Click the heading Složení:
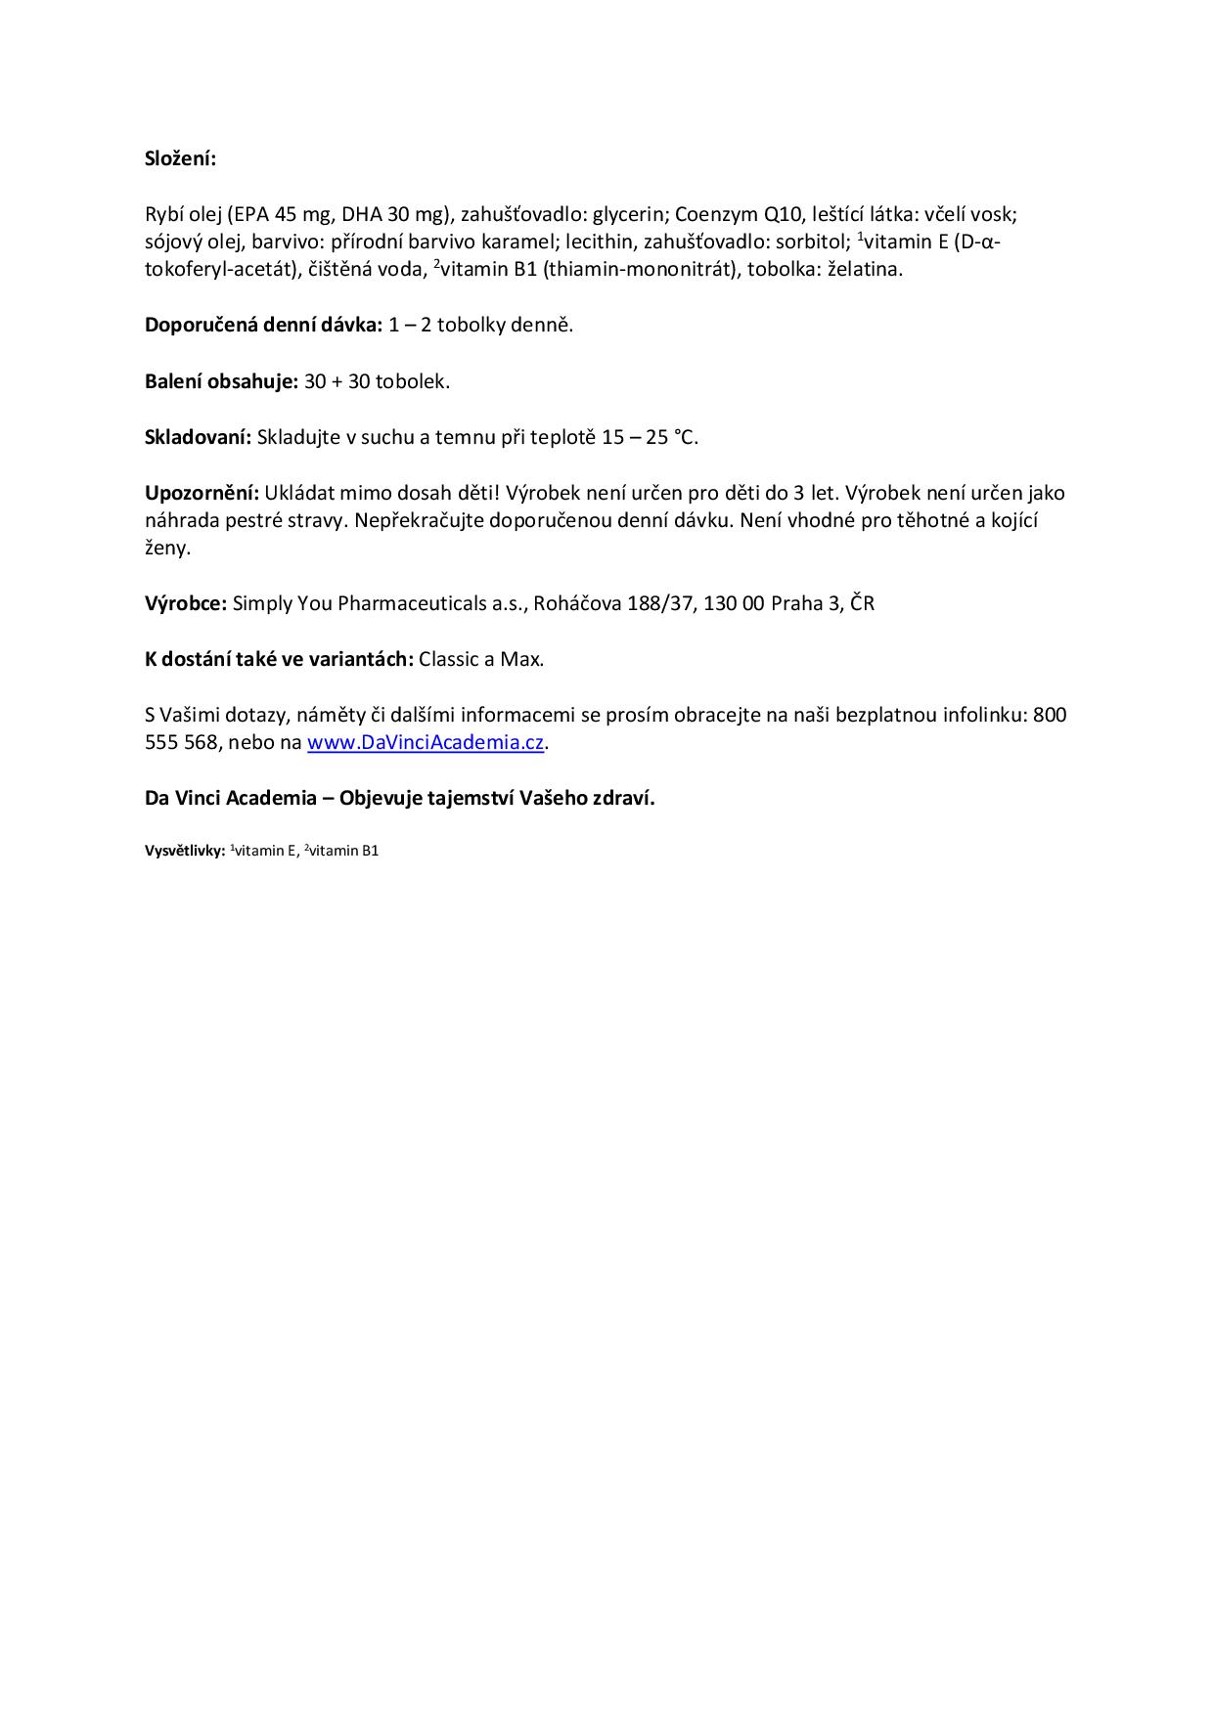pos(180,158)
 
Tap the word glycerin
pos(629,214)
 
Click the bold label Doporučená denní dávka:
pos(263,325)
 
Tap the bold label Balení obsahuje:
pos(221,381)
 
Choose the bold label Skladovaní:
pos(198,437)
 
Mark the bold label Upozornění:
pos(202,493)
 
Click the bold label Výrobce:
pos(186,603)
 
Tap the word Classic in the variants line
pos(449,659)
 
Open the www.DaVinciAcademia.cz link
pos(426,742)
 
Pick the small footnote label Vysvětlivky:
pos(185,851)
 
